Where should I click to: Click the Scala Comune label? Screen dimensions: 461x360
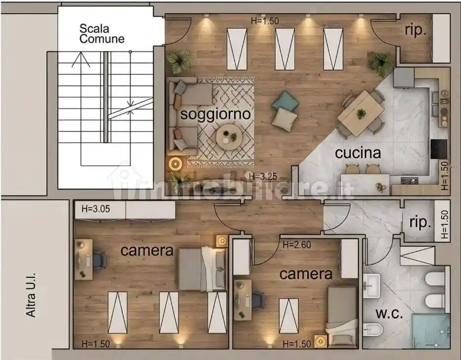[102, 34]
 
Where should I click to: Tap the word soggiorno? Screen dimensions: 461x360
[215, 114]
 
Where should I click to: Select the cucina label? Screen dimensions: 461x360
[358, 153]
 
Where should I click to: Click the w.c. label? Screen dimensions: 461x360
[389, 314]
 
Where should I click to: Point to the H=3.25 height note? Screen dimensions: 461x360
[263, 177]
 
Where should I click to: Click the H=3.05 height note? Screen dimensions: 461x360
[96, 209]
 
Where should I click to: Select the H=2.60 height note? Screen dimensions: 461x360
[296, 245]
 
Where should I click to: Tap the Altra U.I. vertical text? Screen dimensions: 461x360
[31, 295]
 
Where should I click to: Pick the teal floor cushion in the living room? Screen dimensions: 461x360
[286, 102]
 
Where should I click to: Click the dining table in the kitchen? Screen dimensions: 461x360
[361, 113]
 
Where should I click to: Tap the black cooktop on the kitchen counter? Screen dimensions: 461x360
[439, 149]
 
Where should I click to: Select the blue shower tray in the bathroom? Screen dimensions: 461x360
[431, 331]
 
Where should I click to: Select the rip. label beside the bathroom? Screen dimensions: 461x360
[420, 223]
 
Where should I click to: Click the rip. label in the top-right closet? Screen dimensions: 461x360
[416, 31]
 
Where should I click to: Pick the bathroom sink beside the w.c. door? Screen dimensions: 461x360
[372, 285]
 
